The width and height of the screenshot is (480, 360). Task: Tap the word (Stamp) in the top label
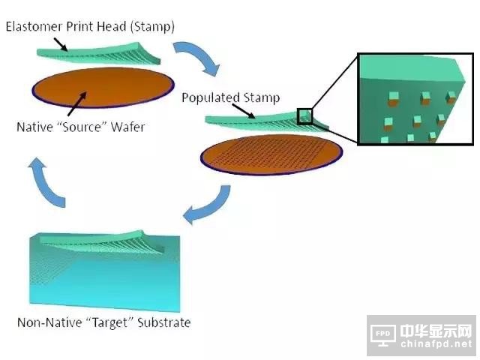point(153,27)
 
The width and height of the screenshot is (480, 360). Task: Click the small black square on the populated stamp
point(304,116)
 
